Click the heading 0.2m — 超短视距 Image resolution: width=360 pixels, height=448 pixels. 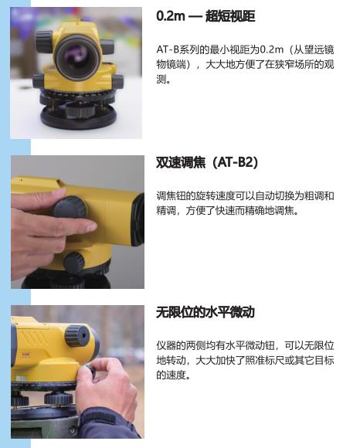(x=205, y=16)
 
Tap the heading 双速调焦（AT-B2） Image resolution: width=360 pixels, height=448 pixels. (x=207, y=162)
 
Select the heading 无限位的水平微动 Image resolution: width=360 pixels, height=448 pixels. (x=205, y=312)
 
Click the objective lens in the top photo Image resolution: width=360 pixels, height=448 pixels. (x=78, y=58)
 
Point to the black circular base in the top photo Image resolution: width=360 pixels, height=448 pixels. (x=79, y=117)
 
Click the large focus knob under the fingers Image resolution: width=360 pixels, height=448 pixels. (x=70, y=208)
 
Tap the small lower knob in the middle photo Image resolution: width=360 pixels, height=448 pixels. (x=74, y=263)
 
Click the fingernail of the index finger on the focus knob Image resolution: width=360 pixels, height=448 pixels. (x=91, y=227)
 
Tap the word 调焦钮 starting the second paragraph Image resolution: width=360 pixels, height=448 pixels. (x=172, y=196)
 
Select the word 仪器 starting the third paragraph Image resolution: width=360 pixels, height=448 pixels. (x=166, y=345)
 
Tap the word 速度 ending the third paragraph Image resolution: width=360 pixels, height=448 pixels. (x=176, y=375)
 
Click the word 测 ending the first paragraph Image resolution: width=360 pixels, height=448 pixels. (x=161, y=79)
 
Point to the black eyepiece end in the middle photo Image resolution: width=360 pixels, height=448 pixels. (x=138, y=219)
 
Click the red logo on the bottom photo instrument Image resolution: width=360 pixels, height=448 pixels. (x=25, y=355)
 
